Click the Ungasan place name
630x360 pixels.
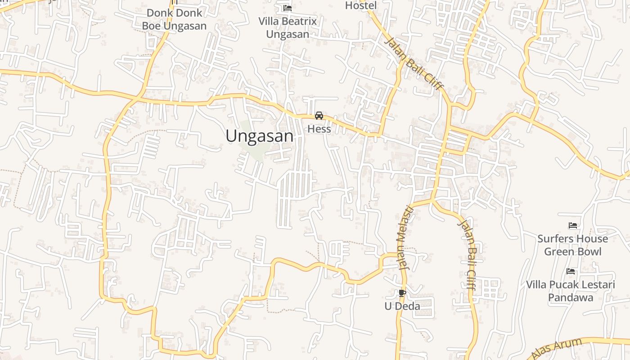click(259, 136)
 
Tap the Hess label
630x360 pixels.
click(319, 129)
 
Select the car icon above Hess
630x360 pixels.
click(319, 116)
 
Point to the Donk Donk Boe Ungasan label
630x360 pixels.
click(174, 19)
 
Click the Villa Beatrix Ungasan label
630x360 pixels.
click(288, 27)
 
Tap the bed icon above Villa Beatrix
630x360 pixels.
click(288, 8)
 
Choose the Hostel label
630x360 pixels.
click(361, 5)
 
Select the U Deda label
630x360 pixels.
click(402, 306)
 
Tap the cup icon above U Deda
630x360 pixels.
click(402, 293)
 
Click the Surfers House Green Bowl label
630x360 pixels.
click(572, 245)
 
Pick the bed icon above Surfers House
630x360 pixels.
click(573, 225)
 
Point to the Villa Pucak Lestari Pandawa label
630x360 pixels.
click(571, 291)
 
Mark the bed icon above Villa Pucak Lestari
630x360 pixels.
click(571, 271)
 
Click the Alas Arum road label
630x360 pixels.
click(557, 349)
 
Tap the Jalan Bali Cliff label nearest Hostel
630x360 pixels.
click(414, 63)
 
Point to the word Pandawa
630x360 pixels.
click(571, 297)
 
